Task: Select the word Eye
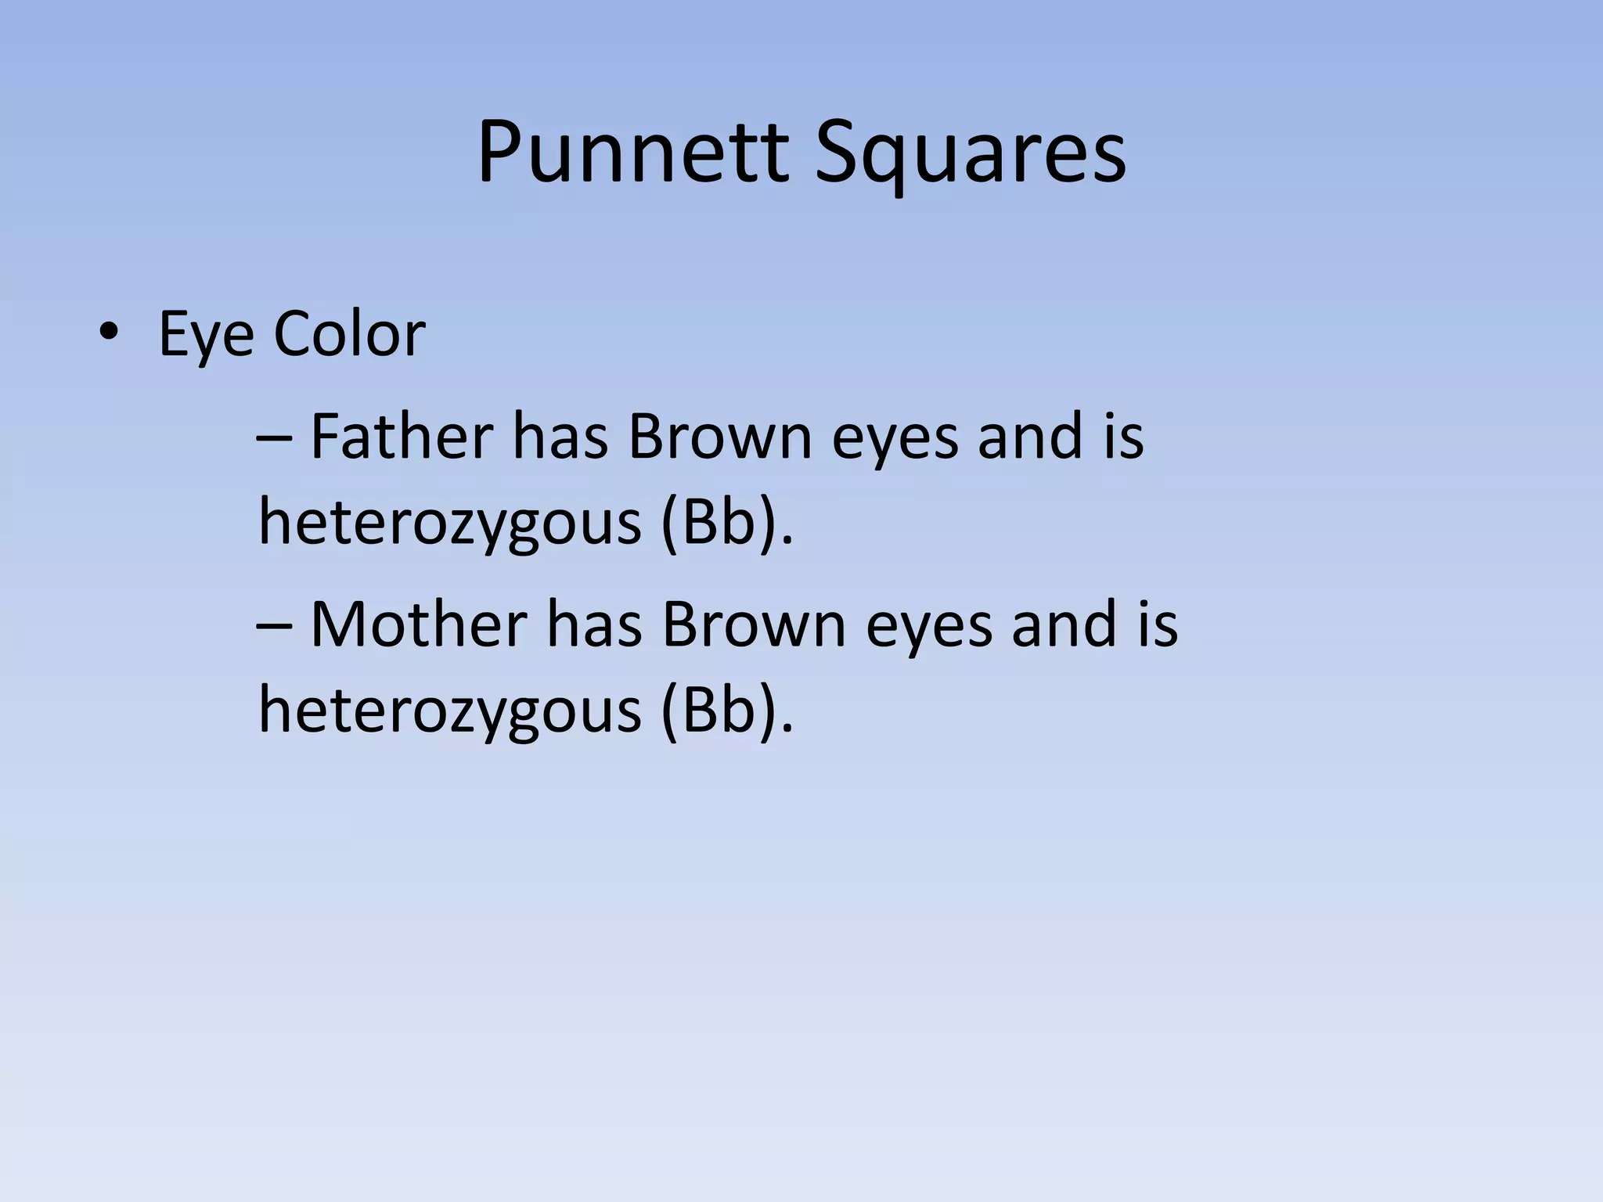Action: [206, 335]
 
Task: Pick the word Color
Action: [349, 334]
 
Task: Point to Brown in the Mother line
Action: [754, 624]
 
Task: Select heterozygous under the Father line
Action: [450, 523]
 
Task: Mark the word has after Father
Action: [560, 436]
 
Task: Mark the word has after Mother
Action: [594, 624]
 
